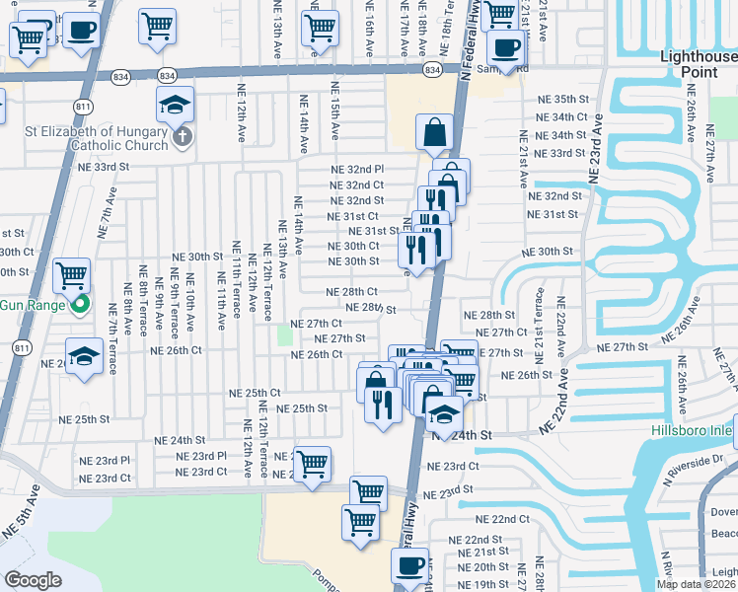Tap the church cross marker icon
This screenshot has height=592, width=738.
pyautogui.click(x=182, y=137)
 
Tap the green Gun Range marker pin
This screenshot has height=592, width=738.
pyautogui.click(x=83, y=304)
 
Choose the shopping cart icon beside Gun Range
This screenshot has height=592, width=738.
pyautogui.click(x=71, y=275)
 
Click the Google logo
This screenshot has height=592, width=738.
pyautogui.click(x=33, y=580)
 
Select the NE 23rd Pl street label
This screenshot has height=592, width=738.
pyautogui.click(x=106, y=460)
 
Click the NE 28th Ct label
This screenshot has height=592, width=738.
pyautogui.click(x=352, y=292)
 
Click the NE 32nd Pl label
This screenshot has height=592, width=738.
pyautogui.click(x=356, y=170)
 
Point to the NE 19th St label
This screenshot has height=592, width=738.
pyautogui.click(x=482, y=585)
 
